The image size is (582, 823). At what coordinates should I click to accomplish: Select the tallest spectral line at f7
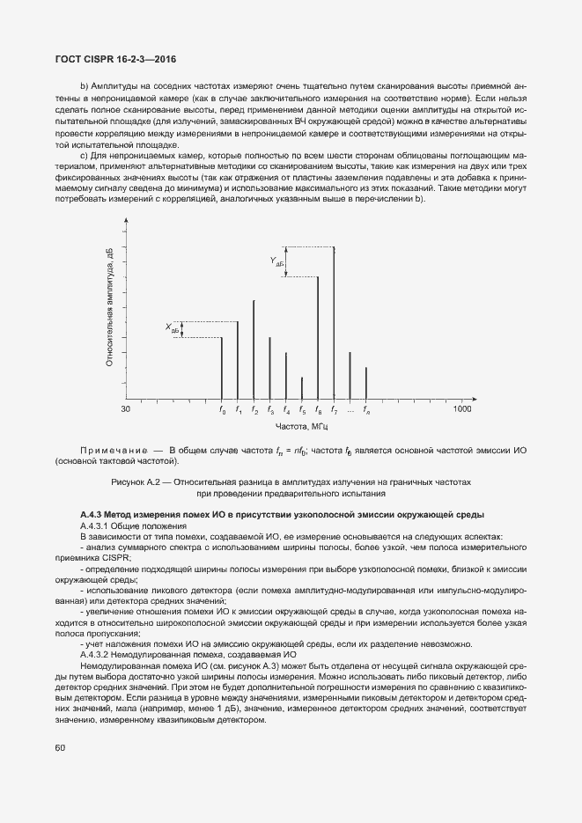pos(334,321)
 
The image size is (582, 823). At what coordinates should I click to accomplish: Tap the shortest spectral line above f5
pos(302,389)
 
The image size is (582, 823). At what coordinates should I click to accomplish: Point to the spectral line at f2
pos(254,350)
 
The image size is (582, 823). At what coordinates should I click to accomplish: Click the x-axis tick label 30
pos(126,409)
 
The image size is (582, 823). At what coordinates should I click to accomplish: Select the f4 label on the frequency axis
pos(286,410)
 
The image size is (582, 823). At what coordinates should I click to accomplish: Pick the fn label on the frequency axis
pos(366,410)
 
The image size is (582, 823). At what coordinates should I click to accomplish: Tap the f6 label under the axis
pos(318,410)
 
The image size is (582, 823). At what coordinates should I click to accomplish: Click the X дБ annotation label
pos(172,328)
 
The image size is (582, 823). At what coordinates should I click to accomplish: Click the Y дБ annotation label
pos(276,261)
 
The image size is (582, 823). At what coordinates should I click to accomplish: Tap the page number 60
pos(60,747)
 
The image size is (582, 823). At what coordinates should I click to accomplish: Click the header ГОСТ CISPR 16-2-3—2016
pos(115,58)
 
